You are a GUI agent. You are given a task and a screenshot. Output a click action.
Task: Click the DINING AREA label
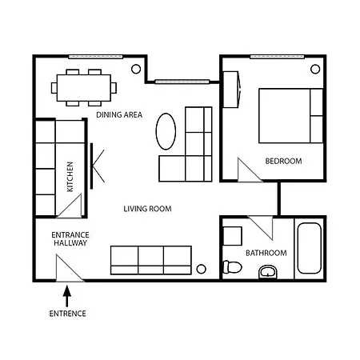coord(119,114)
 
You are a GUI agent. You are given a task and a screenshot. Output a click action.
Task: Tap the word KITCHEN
coord(70,177)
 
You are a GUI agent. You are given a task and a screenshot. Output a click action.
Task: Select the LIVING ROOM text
coord(148,210)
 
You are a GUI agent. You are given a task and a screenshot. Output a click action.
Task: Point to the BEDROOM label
coord(283,161)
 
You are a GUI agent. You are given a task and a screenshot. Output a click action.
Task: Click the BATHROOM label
coord(266,253)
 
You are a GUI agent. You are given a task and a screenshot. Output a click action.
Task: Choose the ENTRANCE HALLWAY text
coord(70,239)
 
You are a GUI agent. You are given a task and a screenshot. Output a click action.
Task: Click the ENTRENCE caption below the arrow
coord(67,314)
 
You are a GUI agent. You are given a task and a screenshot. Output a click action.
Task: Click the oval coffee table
coord(166,130)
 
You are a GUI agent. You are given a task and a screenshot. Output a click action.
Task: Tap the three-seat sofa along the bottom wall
coord(150,259)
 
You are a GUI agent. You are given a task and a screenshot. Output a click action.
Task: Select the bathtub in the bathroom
coord(308,249)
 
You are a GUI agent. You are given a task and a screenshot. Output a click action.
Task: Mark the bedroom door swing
coord(248,169)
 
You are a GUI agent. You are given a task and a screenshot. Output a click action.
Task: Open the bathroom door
coord(262,227)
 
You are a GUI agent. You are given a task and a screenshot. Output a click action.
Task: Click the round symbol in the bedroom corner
coord(313,68)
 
